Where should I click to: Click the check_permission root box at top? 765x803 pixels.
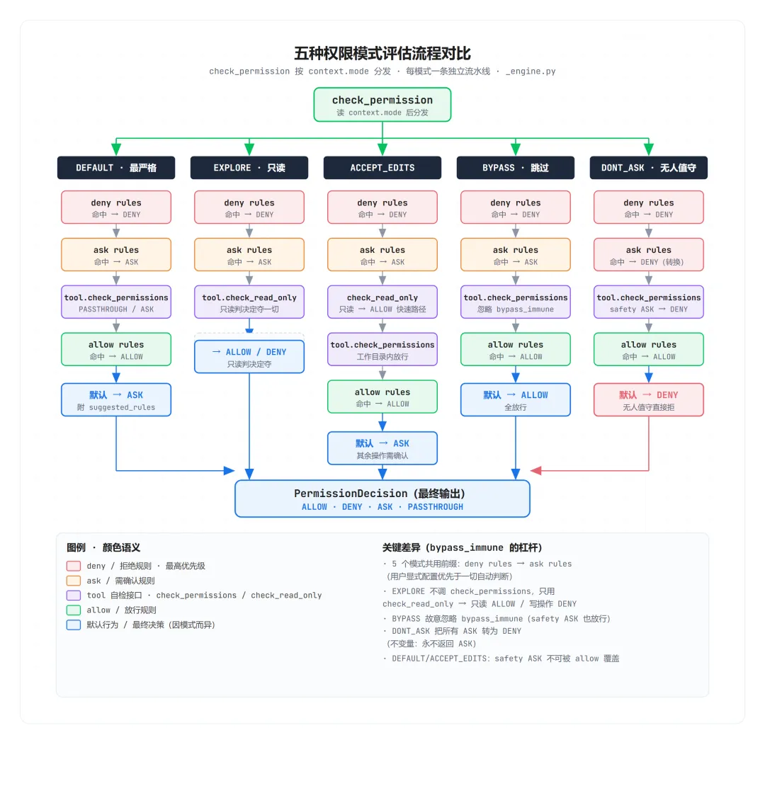[x=382, y=105]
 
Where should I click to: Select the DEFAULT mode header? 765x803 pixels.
[x=116, y=167]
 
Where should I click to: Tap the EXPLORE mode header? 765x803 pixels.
[x=249, y=167]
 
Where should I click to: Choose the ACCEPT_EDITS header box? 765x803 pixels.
[x=382, y=167]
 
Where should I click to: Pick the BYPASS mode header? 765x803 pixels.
[x=516, y=167]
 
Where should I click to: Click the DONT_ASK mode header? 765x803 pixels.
[x=649, y=167]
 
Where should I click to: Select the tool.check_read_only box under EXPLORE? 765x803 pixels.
[x=249, y=302]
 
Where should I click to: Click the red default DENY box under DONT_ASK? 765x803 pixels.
[x=649, y=400]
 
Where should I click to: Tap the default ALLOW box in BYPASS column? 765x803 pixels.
[x=516, y=400]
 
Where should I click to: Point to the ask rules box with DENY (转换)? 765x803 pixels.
[x=649, y=254]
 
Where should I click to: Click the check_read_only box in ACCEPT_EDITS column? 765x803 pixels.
[x=382, y=302]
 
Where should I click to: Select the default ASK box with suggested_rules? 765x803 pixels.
[x=116, y=400]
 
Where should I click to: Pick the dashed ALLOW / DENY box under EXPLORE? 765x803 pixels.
[x=249, y=357]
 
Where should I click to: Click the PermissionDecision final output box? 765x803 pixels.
[x=382, y=499]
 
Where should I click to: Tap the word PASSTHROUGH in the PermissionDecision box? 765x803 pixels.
[x=436, y=507]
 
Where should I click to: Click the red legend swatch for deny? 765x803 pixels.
[x=73, y=566]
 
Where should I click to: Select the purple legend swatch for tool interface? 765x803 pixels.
[x=73, y=595]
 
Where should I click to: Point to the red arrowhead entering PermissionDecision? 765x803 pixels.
[x=536, y=471]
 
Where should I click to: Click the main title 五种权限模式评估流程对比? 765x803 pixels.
[x=382, y=53]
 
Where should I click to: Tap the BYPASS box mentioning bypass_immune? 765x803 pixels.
[x=516, y=302]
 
